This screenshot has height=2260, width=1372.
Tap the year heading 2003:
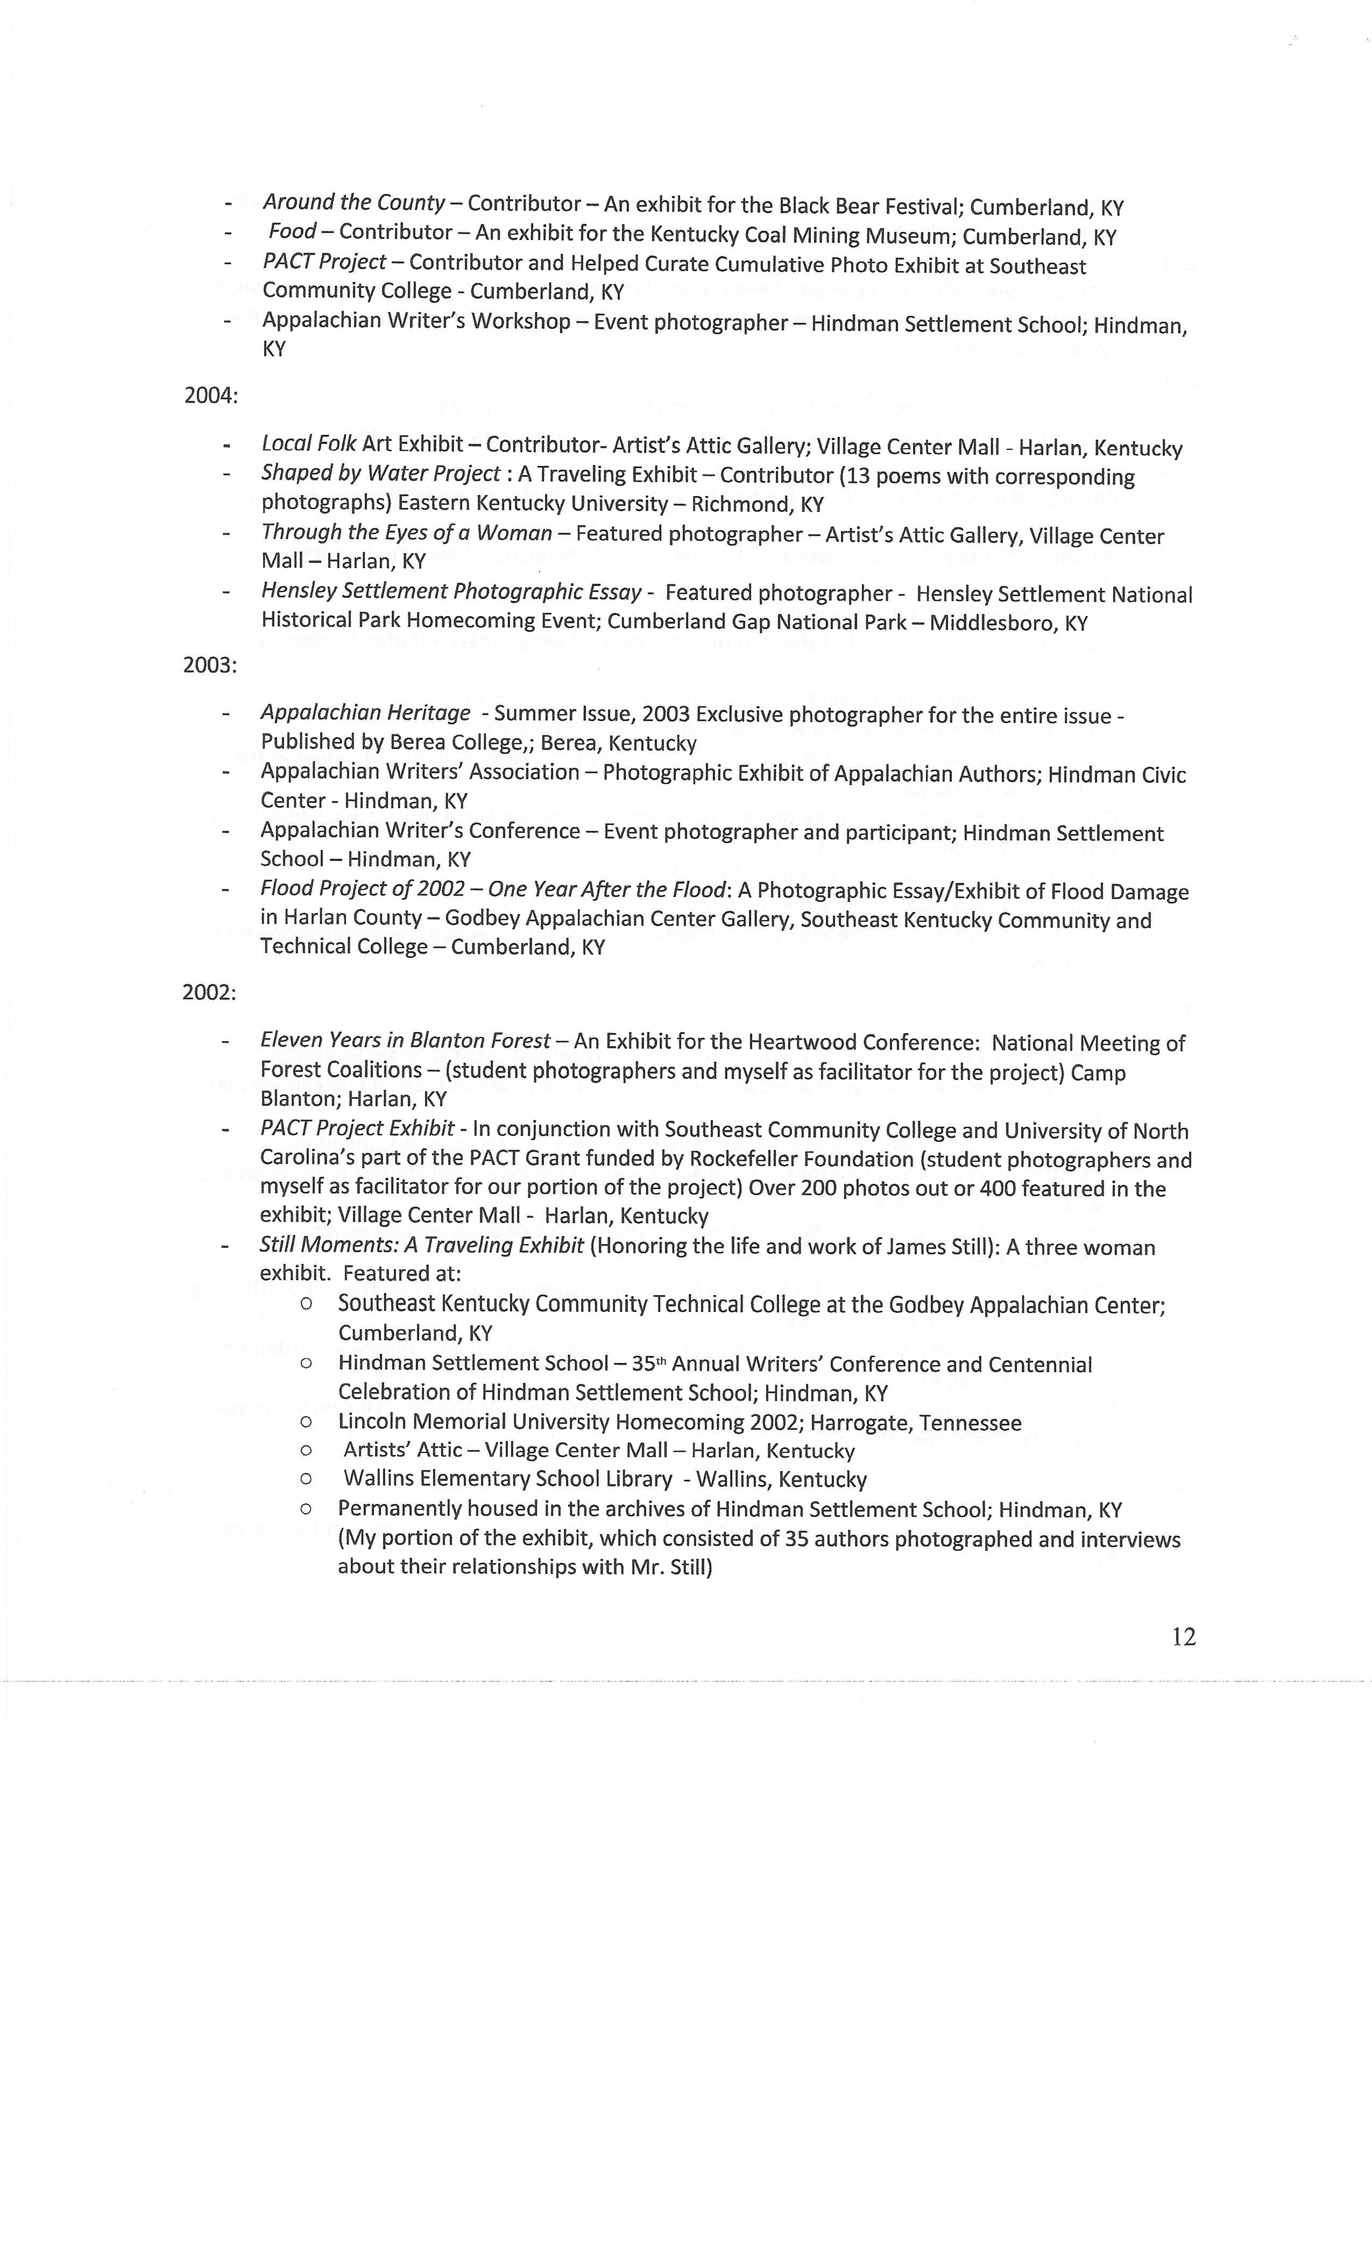click(210, 665)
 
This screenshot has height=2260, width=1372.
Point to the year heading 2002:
click(209, 992)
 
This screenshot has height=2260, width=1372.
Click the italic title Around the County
click(354, 203)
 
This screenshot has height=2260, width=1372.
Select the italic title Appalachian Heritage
click(365, 712)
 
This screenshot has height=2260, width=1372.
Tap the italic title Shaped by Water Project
click(380, 474)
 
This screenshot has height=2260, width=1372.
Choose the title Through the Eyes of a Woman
click(406, 533)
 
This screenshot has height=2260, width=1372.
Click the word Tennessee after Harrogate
click(970, 1423)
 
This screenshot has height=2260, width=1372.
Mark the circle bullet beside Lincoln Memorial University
click(306, 1423)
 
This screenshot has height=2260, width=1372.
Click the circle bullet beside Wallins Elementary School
click(306, 1479)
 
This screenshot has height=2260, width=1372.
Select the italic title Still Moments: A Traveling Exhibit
click(422, 1246)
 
